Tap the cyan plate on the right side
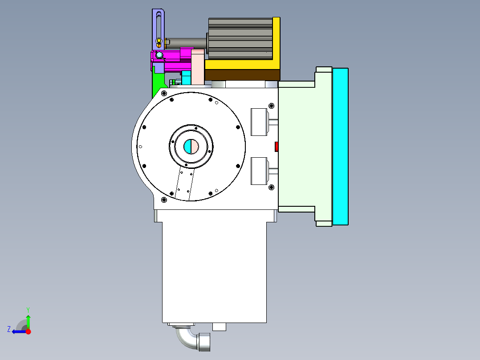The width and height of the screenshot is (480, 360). (x=340, y=146)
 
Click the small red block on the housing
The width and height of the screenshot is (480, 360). (x=277, y=147)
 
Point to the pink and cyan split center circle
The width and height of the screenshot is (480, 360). (x=191, y=146)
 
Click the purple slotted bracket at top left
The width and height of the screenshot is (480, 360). (x=159, y=27)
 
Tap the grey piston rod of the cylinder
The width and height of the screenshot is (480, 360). (x=187, y=42)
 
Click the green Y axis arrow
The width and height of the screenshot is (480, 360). (x=28, y=320)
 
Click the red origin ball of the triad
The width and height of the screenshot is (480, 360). (x=28, y=331)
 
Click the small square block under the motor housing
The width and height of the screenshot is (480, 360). (x=219, y=327)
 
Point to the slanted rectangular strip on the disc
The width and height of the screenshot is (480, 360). (x=184, y=183)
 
